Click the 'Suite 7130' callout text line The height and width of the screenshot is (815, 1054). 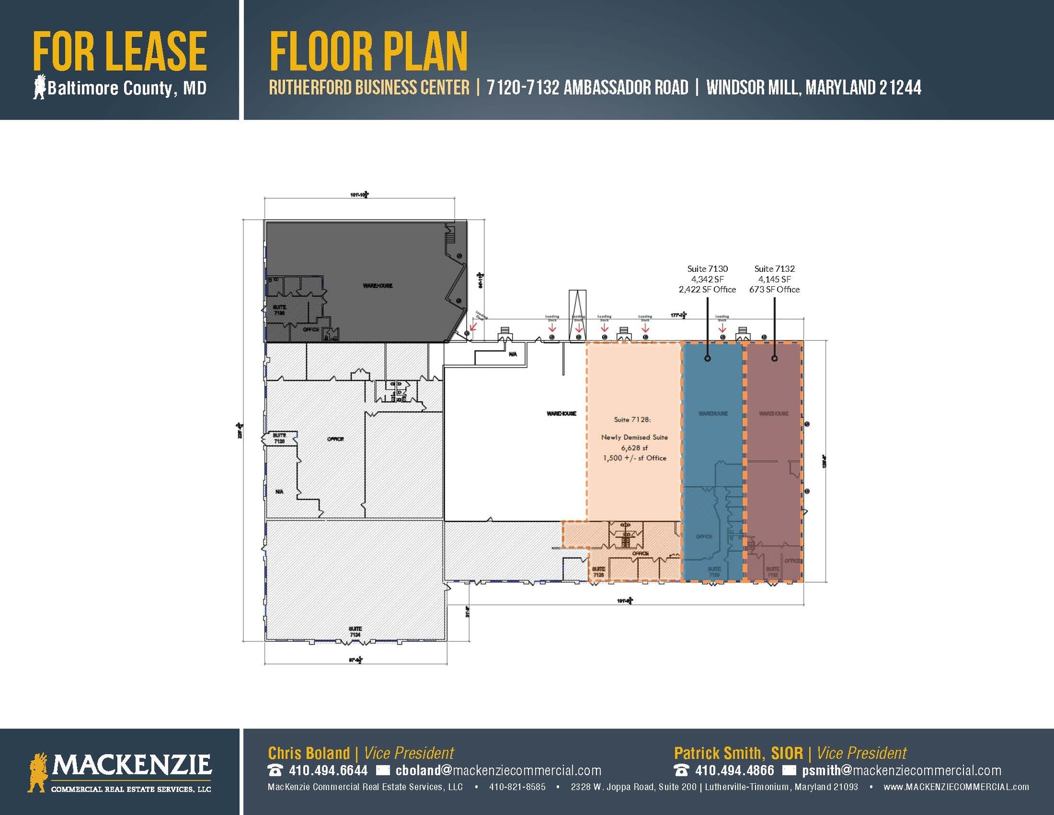point(707,269)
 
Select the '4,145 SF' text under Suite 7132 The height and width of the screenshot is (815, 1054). point(774,279)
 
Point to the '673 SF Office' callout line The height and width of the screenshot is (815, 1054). point(774,289)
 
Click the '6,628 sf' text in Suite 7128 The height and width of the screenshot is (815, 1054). point(634,448)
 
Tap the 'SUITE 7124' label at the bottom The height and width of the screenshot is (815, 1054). point(355,632)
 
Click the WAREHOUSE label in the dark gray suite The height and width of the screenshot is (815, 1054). point(378,286)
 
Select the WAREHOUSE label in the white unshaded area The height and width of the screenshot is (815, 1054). point(561,413)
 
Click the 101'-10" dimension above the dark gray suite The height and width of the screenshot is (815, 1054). point(359,195)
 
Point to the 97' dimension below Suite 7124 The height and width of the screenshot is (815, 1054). point(356,659)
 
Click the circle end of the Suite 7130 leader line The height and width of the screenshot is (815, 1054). point(707,358)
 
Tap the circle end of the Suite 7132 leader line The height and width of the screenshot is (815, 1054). point(775,358)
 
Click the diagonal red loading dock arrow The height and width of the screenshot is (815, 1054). point(473,326)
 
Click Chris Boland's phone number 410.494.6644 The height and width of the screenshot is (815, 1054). point(328,770)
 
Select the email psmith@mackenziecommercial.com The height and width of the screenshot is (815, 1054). point(901,770)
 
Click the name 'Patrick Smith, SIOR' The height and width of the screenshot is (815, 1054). point(738,753)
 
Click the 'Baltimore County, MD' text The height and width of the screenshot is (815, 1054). point(127,89)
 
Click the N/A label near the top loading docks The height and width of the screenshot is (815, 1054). point(513,354)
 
